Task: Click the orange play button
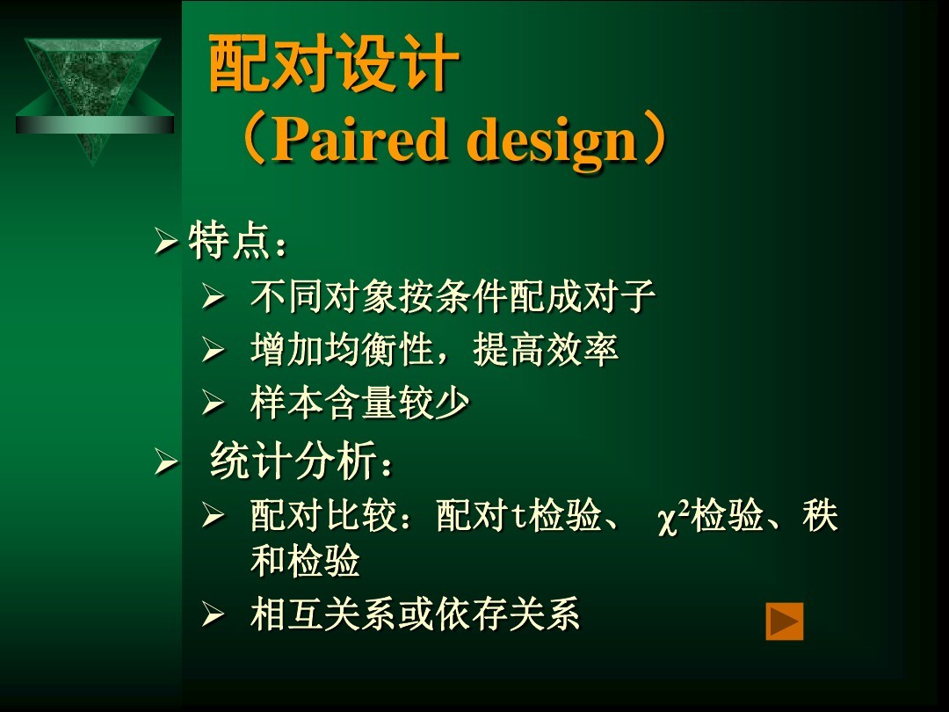click(785, 621)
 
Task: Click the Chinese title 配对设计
click(334, 63)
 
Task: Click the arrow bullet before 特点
click(165, 242)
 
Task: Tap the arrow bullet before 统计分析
click(165, 462)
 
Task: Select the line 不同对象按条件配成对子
click(453, 297)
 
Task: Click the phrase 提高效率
click(546, 349)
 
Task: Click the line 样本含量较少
click(360, 403)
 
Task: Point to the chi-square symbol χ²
click(674, 518)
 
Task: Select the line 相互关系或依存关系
click(415, 614)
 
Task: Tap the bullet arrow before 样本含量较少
click(213, 403)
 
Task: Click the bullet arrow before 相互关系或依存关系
click(213, 614)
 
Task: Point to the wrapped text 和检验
click(305, 561)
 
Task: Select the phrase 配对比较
click(323, 516)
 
